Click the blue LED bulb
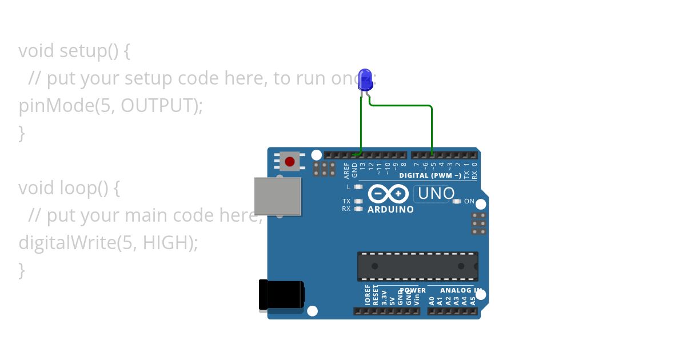pos(365,78)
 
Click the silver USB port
pos(278,196)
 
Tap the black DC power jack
pos(281,295)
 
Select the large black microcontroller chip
pos(418,266)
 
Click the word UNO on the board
pos(436,194)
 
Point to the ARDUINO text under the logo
pos(390,210)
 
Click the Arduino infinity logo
pos(388,194)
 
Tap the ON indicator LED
pos(457,201)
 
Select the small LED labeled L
pos(358,187)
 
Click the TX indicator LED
pos(358,201)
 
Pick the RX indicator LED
pos(358,209)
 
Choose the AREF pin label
pos(346,170)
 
